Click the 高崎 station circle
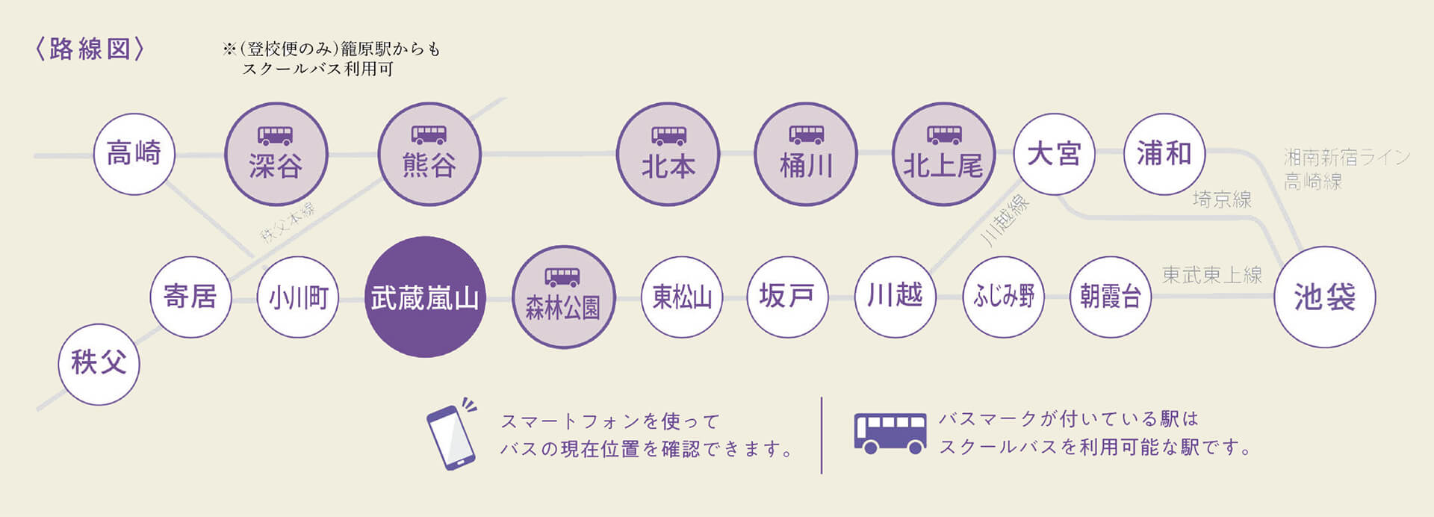coord(134,154)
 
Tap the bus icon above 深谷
coord(276,135)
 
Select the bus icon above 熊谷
coord(429,135)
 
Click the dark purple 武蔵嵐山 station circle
coord(424,297)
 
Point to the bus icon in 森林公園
coord(562,277)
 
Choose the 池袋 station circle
coord(1324,297)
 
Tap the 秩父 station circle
coord(99,364)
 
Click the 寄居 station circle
coord(190,297)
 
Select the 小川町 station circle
coord(298,297)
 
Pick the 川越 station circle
coord(895,297)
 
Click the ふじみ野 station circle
coord(1003,297)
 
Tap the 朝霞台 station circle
coord(1111,297)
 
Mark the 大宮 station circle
coord(1054,154)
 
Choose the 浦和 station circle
coord(1164,154)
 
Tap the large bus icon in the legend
coord(890,433)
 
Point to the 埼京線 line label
coord(1222,199)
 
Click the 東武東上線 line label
coord(1211,275)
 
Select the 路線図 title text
coord(90,49)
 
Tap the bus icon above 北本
coord(668,135)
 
